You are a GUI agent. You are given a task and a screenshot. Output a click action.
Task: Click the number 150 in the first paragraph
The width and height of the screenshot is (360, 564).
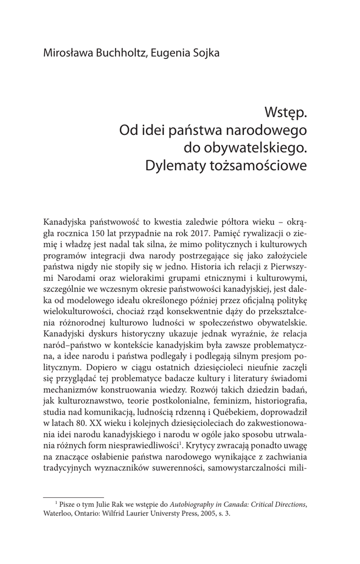(92, 232)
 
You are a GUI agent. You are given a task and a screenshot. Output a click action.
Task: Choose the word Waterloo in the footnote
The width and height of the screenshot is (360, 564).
(59, 514)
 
